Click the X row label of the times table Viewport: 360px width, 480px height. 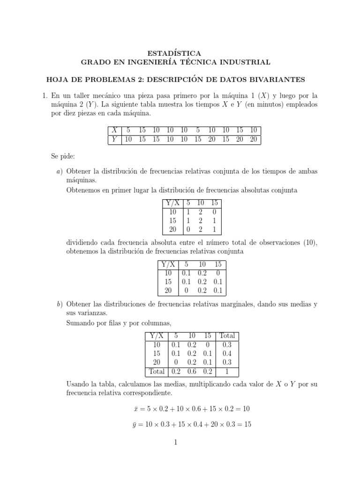(113, 130)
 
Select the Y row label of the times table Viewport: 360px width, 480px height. (113, 139)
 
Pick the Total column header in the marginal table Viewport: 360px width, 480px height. (227, 336)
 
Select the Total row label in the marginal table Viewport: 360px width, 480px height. (157, 371)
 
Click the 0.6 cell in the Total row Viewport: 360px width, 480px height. (192, 371)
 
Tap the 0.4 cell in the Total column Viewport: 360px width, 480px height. (227, 353)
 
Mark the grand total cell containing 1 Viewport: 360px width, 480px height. (227, 371)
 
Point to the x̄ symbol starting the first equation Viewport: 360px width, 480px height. (135, 409)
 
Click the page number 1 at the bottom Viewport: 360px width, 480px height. (174, 442)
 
